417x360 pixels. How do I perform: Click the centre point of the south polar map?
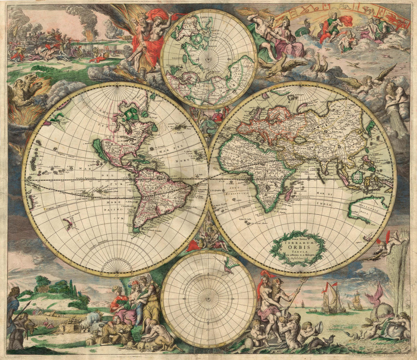[x=208, y=298]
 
